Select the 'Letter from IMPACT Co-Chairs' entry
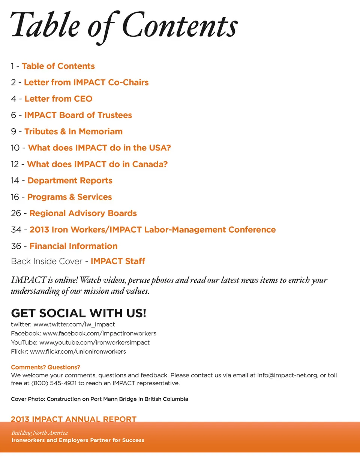tap(86, 83)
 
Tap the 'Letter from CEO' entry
tap(58, 99)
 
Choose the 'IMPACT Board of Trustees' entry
tap(78, 115)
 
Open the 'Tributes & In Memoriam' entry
tap(73, 132)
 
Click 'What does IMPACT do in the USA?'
tap(99, 148)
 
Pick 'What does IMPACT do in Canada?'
tap(97, 164)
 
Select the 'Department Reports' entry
tap(70, 181)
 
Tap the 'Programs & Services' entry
tap(69, 197)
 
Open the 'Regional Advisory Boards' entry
tap(83, 213)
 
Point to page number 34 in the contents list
tap(16, 230)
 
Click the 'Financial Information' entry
tap(73, 246)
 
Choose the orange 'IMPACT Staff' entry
tap(118, 261)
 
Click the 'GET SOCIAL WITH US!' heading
tap(78, 313)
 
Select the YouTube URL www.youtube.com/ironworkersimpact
tap(94, 342)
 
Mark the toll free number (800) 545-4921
tap(55, 383)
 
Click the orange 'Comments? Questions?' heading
tap(45, 367)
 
